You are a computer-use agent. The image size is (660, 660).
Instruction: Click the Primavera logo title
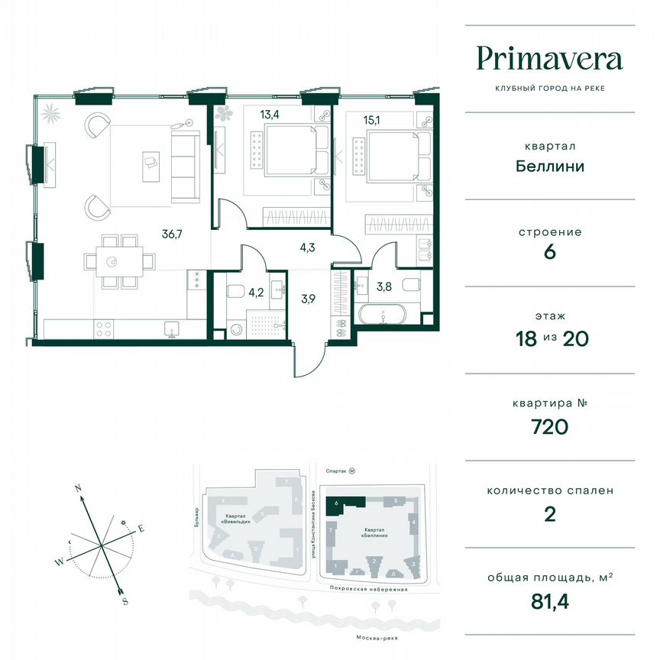(549, 59)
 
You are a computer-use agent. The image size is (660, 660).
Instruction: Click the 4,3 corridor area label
(306, 247)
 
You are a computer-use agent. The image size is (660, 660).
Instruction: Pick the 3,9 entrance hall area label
(308, 299)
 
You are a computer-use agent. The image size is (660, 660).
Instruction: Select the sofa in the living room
(185, 164)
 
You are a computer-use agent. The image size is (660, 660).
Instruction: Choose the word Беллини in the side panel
(549, 166)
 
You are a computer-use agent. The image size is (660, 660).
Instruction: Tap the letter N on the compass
(78, 486)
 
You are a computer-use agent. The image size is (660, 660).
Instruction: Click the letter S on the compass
(125, 601)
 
